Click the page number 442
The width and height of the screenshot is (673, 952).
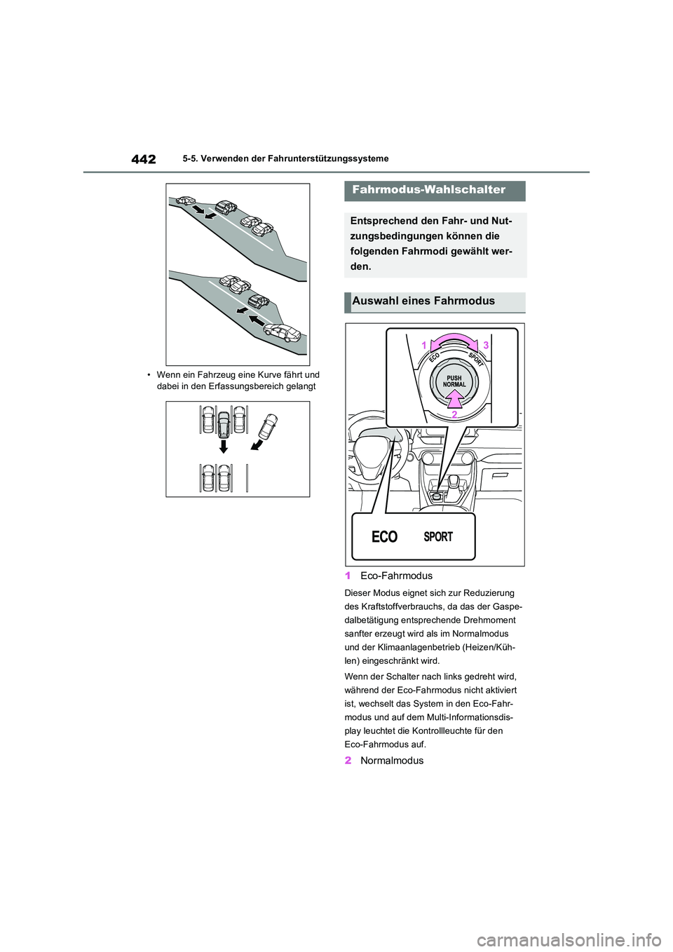(x=144, y=159)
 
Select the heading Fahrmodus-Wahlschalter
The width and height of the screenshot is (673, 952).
(x=429, y=189)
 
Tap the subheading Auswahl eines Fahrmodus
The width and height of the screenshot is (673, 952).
(x=423, y=301)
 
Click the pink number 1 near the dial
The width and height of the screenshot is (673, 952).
(x=424, y=346)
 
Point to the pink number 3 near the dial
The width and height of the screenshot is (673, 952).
(x=486, y=346)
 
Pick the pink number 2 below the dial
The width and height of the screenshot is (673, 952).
(x=454, y=414)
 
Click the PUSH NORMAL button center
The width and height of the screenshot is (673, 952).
(x=454, y=381)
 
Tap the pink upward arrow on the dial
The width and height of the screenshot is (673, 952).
(x=454, y=400)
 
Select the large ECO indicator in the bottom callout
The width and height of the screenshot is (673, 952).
(x=384, y=537)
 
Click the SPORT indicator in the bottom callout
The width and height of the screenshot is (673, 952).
(x=438, y=537)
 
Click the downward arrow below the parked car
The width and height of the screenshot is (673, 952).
(x=224, y=447)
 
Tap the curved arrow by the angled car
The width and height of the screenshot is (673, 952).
(x=257, y=444)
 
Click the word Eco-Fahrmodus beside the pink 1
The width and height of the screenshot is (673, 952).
(x=396, y=576)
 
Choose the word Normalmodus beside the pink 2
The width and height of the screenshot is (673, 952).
(x=392, y=761)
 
